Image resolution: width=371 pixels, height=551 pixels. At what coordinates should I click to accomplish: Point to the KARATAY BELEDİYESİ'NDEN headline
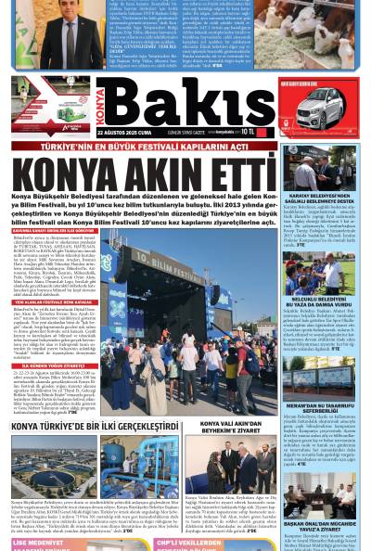[x=318, y=199]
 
